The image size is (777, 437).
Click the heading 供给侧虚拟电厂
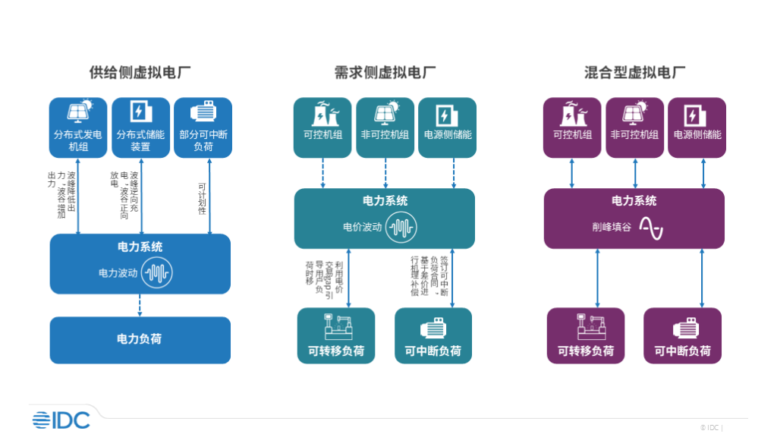pyautogui.click(x=140, y=73)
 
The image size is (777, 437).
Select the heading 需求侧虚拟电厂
pyautogui.click(x=385, y=73)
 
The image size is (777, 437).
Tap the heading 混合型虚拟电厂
pyautogui.click(x=634, y=73)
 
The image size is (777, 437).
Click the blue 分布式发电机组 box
pyautogui.click(x=78, y=127)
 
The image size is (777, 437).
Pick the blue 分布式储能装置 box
pyautogui.click(x=140, y=127)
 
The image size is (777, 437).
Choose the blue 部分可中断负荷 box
pyautogui.click(x=203, y=127)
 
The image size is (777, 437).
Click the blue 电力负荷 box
pyautogui.click(x=140, y=339)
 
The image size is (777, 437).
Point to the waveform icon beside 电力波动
pyautogui.click(x=157, y=272)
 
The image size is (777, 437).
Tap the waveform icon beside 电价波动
pyautogui.click(x=401, y=227)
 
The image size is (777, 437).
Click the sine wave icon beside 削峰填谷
pyautogui.click(x=650, y=227)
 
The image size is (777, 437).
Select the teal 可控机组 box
pyautogui.click(x=322, y=127)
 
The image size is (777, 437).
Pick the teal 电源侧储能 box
pyautogui.click(x=447, y=127)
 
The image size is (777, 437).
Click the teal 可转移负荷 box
pyautogui.click(x=335, y=335)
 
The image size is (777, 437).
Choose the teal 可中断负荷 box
pyautogui.click(x=433, y=335)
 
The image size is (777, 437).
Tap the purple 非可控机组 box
pyautogui.click(x=634, y=127)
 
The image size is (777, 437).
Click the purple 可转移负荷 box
pyautogui.click(x=585, y=335)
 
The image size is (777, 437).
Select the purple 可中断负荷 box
pyautogui.click(x=682, y=335)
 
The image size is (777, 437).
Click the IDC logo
pyautogui.click(x=61, y=420)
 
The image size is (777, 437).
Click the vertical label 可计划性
pyautogui.click(x=202, y=198)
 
